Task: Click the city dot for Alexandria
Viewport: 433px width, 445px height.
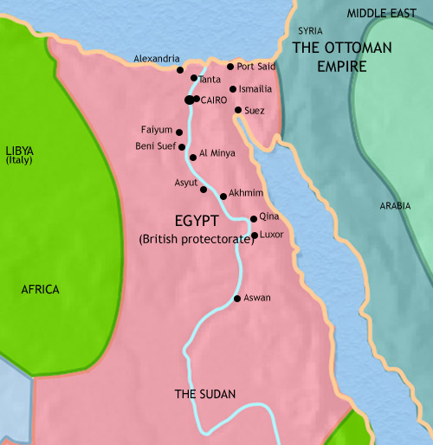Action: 180,70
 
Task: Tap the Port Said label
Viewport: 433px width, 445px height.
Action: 257,67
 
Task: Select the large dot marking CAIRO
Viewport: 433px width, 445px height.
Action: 189,100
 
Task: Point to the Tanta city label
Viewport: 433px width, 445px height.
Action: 210,79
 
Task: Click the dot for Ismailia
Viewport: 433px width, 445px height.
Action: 233,89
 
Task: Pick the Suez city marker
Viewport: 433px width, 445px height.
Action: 238,110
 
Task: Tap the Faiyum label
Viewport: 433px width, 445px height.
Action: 156,130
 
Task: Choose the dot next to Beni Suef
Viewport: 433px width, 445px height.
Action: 182,147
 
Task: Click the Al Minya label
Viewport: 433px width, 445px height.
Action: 216,153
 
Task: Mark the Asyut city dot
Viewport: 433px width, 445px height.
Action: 204,189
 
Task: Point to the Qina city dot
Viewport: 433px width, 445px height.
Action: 253,219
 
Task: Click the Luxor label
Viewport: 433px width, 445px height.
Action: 273,235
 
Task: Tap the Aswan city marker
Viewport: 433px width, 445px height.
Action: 237,299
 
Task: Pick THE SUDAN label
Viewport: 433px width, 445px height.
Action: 205,394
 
